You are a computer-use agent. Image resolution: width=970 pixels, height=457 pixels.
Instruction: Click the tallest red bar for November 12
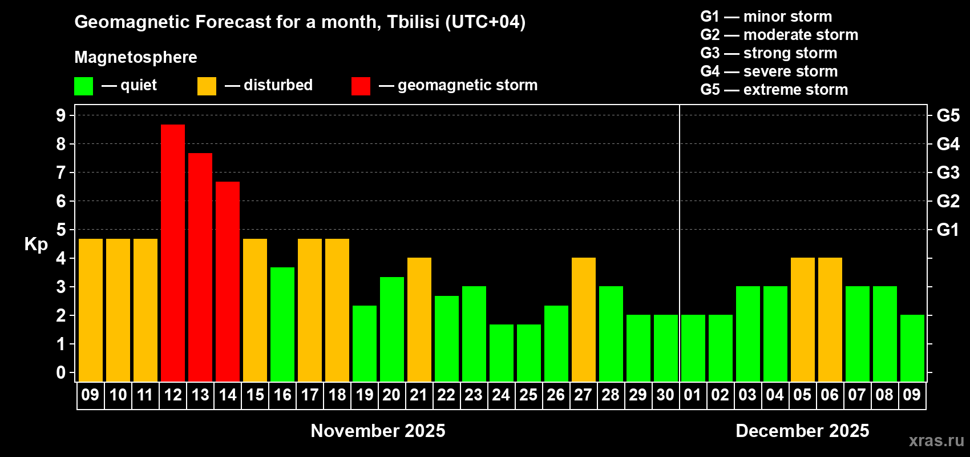pos(173,253)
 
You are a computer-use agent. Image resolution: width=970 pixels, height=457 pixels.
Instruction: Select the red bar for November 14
pos(228,282)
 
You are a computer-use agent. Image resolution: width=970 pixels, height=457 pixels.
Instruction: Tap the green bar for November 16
pos(282,324)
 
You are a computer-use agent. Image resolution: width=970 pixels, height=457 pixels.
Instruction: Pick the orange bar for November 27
pos(584,319)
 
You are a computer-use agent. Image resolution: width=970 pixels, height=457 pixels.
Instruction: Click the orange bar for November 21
pos(419,319)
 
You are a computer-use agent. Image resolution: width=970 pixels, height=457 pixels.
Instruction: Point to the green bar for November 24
pos(502,353)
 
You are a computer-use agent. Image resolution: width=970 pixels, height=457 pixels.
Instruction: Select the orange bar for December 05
pos(803,319)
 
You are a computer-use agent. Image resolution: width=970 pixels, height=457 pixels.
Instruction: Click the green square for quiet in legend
pos(83,86)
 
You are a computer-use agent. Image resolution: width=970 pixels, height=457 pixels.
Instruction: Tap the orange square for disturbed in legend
pos(207,86)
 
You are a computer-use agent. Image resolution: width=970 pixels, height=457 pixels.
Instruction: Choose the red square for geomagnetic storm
pos(361,86)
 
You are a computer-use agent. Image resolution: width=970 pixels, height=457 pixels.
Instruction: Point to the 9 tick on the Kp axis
pos(60,115)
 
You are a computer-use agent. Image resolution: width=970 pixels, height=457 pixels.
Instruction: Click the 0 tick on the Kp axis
pos(60,372)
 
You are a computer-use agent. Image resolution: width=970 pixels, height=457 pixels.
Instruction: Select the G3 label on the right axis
pos(948,173)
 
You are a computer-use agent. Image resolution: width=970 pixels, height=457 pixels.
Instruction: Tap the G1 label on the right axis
pos(948,230)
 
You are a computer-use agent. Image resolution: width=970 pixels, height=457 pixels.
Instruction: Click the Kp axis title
pos(36,244)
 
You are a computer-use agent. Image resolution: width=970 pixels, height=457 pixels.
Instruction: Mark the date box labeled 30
pos(665,395)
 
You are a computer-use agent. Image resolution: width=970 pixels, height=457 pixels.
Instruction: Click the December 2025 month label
pos(802,431)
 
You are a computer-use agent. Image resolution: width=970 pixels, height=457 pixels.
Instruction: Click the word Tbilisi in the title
pos(413,22)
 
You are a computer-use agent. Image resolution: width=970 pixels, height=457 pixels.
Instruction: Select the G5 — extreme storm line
pos(774,90)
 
